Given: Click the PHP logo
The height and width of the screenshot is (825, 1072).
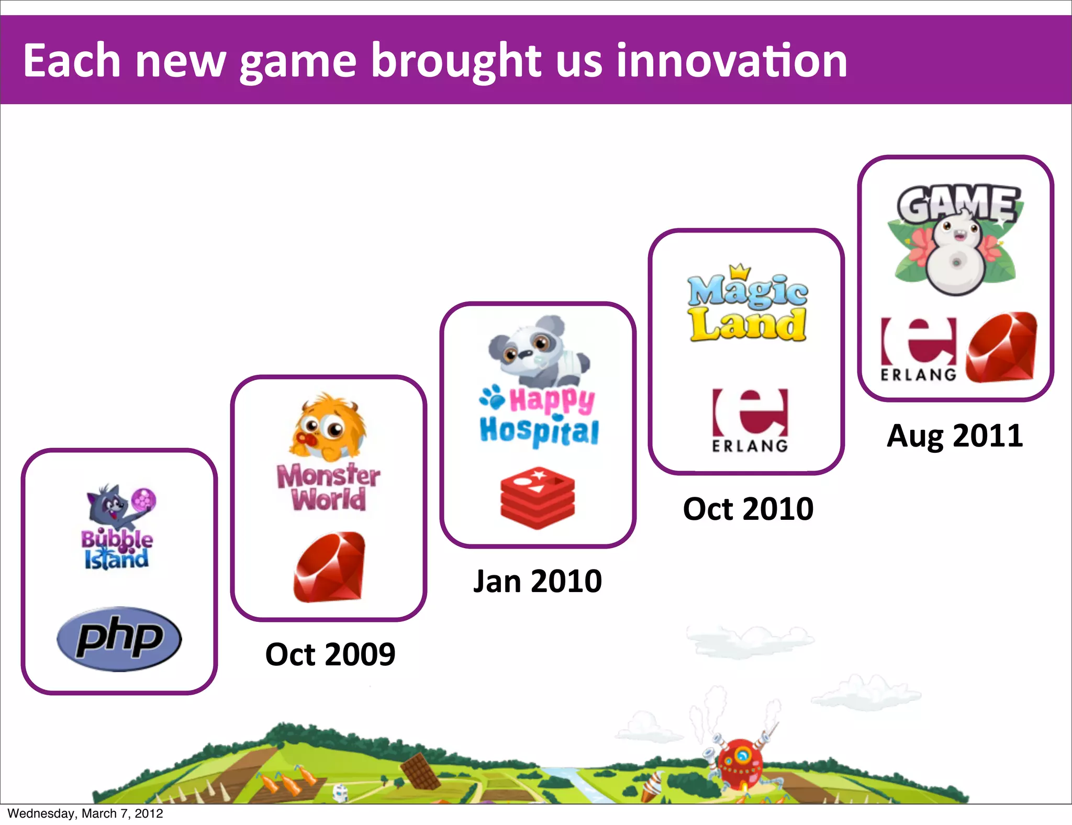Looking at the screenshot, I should click(119, 639).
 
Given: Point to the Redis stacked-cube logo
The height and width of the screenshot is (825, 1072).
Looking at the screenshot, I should click(538, 498).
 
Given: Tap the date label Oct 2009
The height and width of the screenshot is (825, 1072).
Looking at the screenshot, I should click(330, 654).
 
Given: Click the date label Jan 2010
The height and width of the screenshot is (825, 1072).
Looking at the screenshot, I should click(538, 581).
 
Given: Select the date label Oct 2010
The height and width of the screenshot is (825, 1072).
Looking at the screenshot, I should click(748, 509).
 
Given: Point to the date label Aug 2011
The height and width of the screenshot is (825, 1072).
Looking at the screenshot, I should click(955, 436).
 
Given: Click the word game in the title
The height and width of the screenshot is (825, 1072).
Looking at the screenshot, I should click(298, 62).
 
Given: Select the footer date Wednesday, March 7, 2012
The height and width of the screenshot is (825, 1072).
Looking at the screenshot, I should click(85, 813).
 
